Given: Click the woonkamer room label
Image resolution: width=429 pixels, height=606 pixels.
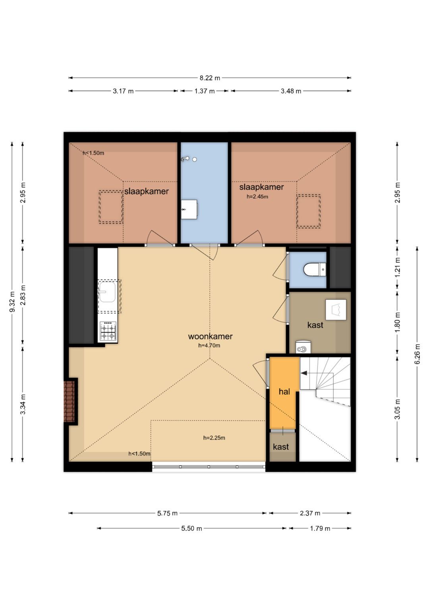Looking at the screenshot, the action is point(210,336).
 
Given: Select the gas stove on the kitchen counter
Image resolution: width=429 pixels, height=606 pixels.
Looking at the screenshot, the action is point(108,331).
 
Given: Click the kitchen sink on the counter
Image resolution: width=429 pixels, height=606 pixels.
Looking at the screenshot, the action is point(107,292).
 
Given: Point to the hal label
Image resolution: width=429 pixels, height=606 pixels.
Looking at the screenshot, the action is point(284,391).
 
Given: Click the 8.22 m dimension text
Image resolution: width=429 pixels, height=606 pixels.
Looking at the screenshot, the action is point(210,78).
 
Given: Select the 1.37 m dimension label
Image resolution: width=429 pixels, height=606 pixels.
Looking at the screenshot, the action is point(205,91).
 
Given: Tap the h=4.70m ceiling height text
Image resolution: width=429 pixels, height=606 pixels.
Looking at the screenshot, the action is point(209,346).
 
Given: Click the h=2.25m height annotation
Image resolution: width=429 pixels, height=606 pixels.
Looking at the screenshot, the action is point(214,438).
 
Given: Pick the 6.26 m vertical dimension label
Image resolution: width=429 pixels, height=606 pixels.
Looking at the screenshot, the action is point(417,354).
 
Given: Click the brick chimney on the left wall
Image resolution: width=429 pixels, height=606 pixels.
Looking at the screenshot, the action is point(69,402).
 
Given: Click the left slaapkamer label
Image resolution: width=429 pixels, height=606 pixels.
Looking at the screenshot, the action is point(147,191).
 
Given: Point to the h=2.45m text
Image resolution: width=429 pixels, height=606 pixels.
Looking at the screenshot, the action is point(257,197).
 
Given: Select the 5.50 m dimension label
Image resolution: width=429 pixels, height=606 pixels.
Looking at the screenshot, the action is point(191,528).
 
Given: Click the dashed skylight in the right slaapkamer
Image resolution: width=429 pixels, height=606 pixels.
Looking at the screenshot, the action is point(309,211).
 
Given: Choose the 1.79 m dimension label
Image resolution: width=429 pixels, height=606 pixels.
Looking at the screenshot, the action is point(320,528).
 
